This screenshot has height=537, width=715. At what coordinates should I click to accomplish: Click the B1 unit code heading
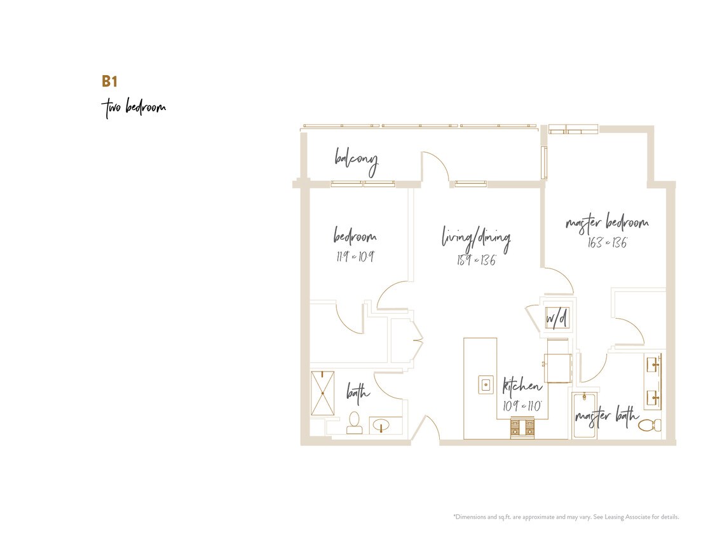pos(110,81)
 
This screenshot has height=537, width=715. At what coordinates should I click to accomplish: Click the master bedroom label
pos(606,223)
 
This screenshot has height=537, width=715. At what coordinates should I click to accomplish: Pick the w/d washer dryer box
pos(556,317)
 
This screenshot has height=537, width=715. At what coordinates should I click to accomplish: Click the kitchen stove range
pos(524,429)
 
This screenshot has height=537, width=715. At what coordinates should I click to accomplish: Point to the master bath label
pos(606,417)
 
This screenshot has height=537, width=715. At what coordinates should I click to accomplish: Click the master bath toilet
pos(650,424)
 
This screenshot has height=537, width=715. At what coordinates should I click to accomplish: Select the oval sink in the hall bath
pos(381,424)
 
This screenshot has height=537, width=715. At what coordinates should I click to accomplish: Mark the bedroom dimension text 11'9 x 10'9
pos(355,256)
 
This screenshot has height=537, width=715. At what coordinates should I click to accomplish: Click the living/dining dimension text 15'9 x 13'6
pos(476,260)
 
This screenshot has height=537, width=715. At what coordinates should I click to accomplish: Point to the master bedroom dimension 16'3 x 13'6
pos(606,242)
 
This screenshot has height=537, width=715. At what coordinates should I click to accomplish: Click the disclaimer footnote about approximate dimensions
pos(566,517)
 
